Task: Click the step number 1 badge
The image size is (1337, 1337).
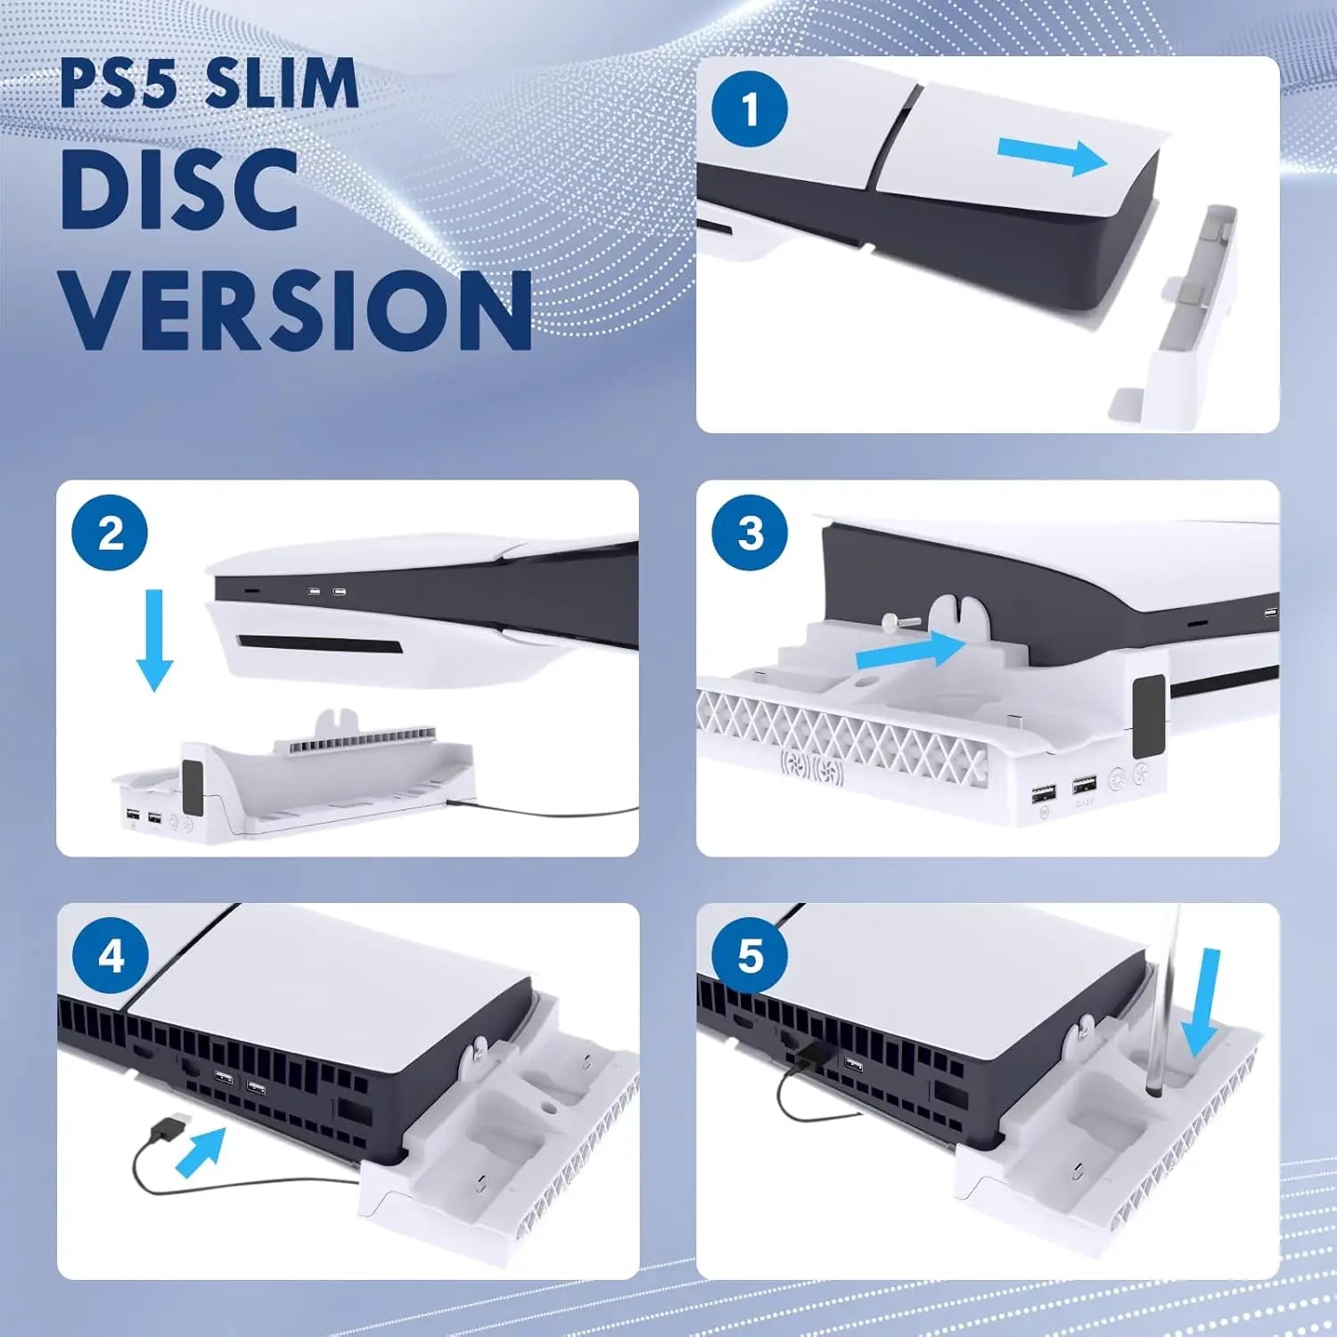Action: pyautogui.click(x=749, y=110)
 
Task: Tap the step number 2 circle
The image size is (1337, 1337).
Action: pyautogui.click(x=110, y=533)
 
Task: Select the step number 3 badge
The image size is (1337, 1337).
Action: pyautogui.click(x=749, y=533)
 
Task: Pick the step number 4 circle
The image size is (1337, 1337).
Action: pyautogui.click(x=110, y=956)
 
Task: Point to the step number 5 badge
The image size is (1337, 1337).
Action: pyautogui.click(x=749, y=956)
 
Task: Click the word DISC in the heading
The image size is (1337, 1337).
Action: pyautogui.click(x=178, y=190)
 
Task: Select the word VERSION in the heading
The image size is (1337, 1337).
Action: pyautogui.click(x=296, y=309)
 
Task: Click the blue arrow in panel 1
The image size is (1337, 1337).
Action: pyautogui.click(x=1052, y=157)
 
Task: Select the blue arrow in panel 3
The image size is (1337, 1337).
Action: pyautogui.click(x=909, y=651)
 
